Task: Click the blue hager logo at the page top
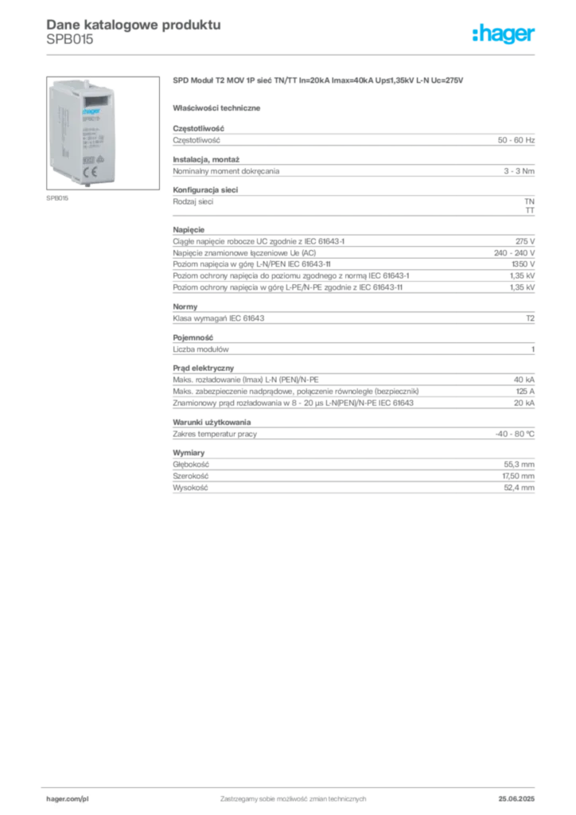(x=504, y=35)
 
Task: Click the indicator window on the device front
(x=96, y=101)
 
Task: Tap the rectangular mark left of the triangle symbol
(x=90, y=158)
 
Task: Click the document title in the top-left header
(x=131, y=23)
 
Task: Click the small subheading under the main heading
(x=219, y=107)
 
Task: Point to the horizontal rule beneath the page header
(x=292, y=53)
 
